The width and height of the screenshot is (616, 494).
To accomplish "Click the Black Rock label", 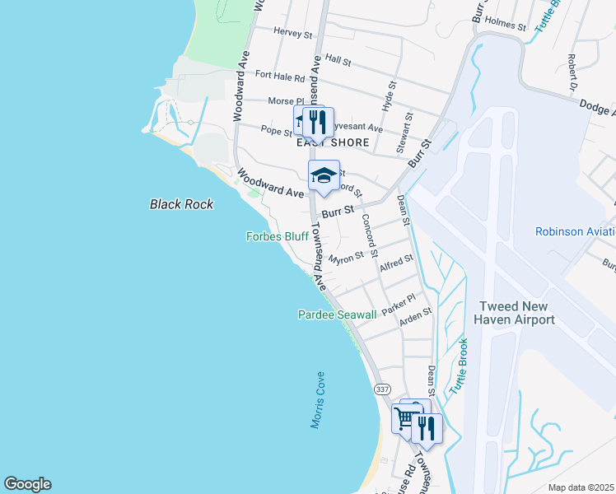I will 181,204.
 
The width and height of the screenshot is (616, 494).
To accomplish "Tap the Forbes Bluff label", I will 278,236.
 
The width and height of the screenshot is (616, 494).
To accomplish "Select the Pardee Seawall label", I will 337,315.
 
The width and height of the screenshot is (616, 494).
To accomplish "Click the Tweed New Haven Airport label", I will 517,313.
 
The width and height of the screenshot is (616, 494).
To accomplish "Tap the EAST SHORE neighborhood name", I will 333,142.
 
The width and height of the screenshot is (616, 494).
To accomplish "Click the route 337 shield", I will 381,389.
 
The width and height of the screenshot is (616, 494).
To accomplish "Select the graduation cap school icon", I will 324,175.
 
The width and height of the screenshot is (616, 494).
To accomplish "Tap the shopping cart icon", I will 405,418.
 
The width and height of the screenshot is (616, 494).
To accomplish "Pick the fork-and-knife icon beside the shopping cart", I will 426,428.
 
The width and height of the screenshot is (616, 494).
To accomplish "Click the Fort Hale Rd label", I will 280,75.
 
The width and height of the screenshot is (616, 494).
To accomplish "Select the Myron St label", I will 346,259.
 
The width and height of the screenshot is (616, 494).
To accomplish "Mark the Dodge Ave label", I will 597,105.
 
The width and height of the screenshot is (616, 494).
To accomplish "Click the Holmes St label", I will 505,25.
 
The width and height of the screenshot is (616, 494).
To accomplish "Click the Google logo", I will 27,484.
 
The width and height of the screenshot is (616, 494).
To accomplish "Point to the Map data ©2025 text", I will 580,487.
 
